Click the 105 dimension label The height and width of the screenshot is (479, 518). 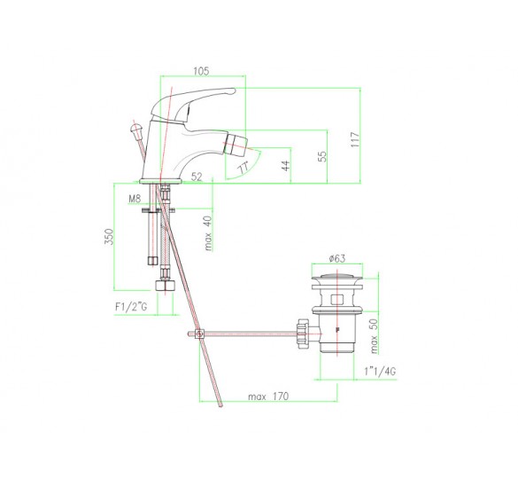pos(201,71)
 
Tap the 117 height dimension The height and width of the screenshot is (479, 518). pos(355,139)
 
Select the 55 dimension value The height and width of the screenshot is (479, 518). pos(322,156)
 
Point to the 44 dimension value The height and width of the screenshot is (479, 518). pos(286,165)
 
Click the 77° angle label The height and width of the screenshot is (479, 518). pos(244,168)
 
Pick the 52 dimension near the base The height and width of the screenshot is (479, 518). pos(197,177)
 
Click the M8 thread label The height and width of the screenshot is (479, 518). pos(135,199)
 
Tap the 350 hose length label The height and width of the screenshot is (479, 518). pos(109,236)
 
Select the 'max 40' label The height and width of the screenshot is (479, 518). pos(208,232)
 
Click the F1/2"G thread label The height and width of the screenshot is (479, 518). pos(131,307)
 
